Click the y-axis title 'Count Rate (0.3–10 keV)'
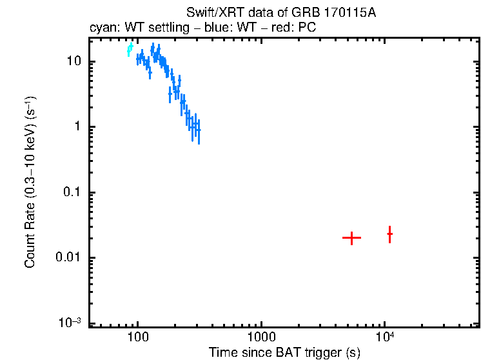coord(30,182)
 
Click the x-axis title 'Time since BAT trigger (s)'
coord(284,352)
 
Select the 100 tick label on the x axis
coord(137,337)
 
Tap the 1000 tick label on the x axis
coord(261,337)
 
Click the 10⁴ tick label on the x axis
coord(386,335)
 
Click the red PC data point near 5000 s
coord(351,238)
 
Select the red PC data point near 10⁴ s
coord(389,234)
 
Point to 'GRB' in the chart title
coord(306,12)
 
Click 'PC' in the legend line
coord(307,28)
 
